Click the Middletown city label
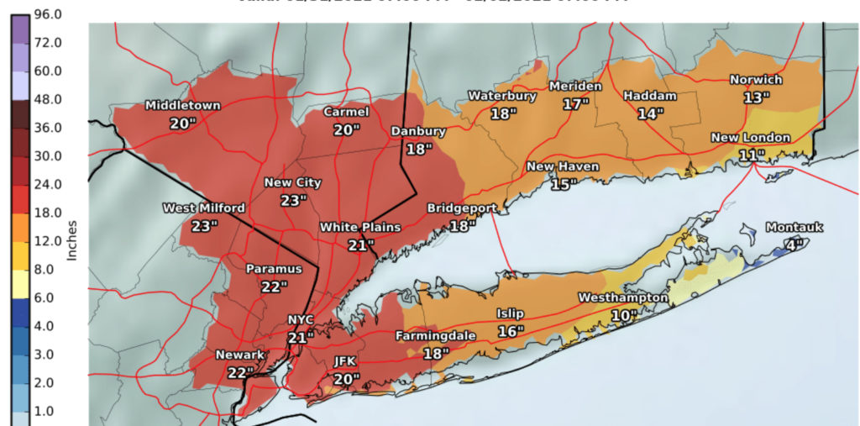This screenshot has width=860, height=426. pos(182,106)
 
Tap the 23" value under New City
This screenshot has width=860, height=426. pos(292,201)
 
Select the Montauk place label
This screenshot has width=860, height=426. pos(794,228)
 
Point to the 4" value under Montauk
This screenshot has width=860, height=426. pos(794,245)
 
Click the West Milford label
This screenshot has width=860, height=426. pos(204,208)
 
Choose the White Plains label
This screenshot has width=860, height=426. pos(359,228)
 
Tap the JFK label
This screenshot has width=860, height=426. pos(345,361)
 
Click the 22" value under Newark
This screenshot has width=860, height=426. pos(239,372)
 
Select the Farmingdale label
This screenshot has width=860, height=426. pos(436,336)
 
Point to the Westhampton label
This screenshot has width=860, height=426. pos(623,298)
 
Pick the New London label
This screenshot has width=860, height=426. pos(750,138)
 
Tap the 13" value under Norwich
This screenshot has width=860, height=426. pos(756,97)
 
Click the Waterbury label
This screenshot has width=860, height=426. pos(502,96)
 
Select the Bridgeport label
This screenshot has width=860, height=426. pos(462,208)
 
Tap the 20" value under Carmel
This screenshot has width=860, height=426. pos(346,129)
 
